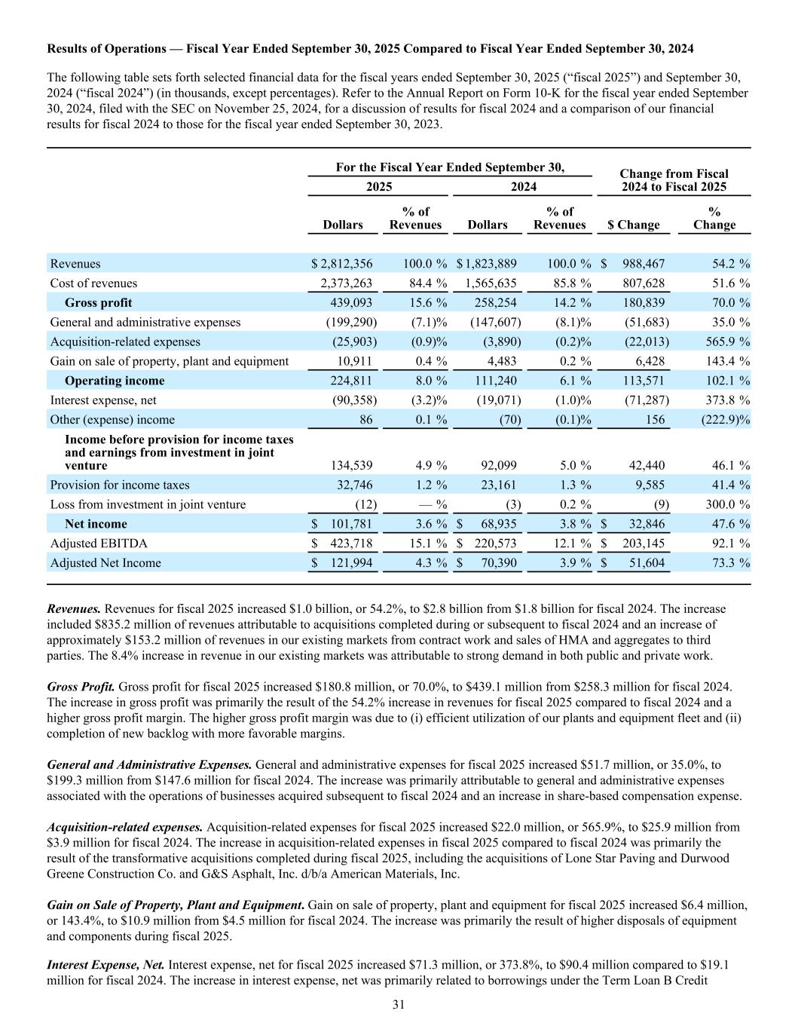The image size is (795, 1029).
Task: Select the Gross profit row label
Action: (98, 303)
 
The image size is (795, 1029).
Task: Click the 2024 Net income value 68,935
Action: (495, 524)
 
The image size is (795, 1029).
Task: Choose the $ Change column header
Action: (633, 225)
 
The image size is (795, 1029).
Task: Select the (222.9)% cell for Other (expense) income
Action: (721, 420)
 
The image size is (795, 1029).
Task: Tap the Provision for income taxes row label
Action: (120, 485)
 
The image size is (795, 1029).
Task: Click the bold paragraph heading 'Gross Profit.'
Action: (81, 687)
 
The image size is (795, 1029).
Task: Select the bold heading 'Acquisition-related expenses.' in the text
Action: (125, 827)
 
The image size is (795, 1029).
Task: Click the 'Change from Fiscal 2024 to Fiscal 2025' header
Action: (674, 180)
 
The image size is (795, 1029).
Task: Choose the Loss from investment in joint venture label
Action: (148, 504)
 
